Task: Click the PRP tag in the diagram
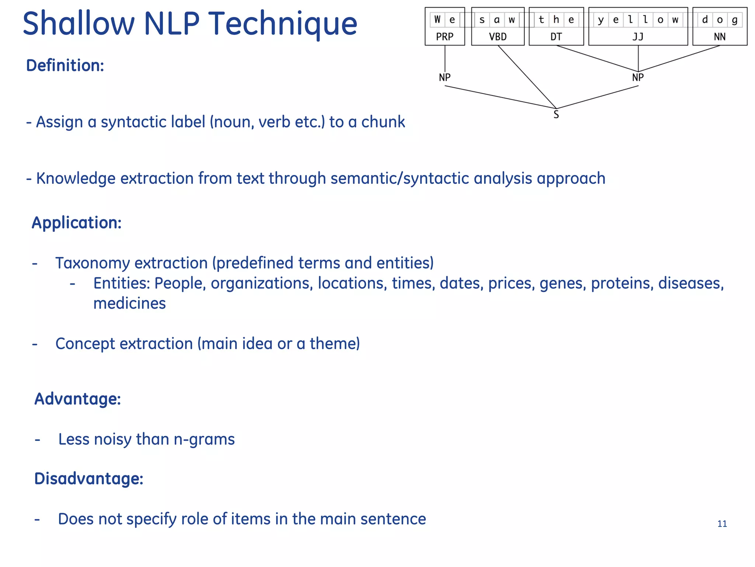445,37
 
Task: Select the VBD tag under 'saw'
498,37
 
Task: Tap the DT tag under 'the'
556,37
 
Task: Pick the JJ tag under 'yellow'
638,37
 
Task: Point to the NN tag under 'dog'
720,37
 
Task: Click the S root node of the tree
556,115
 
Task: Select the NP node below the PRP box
445,78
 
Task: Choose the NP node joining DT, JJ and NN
638,78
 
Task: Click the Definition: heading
65,66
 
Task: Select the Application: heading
77,223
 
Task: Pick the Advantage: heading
77,399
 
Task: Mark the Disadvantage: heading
88,479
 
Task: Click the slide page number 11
722,524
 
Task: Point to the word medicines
129,303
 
